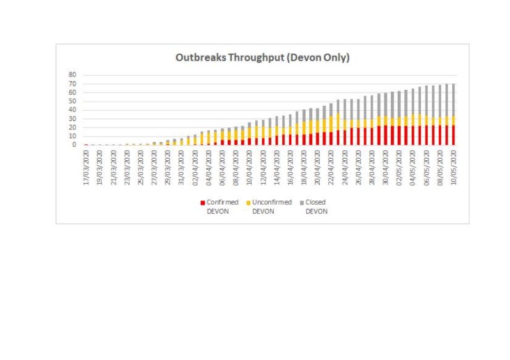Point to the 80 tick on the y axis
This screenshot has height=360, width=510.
pos(72,75)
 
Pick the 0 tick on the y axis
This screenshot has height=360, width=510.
pos(74,145)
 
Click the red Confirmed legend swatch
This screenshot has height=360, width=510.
pos(203,202)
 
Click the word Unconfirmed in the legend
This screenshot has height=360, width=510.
pos(270,202)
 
